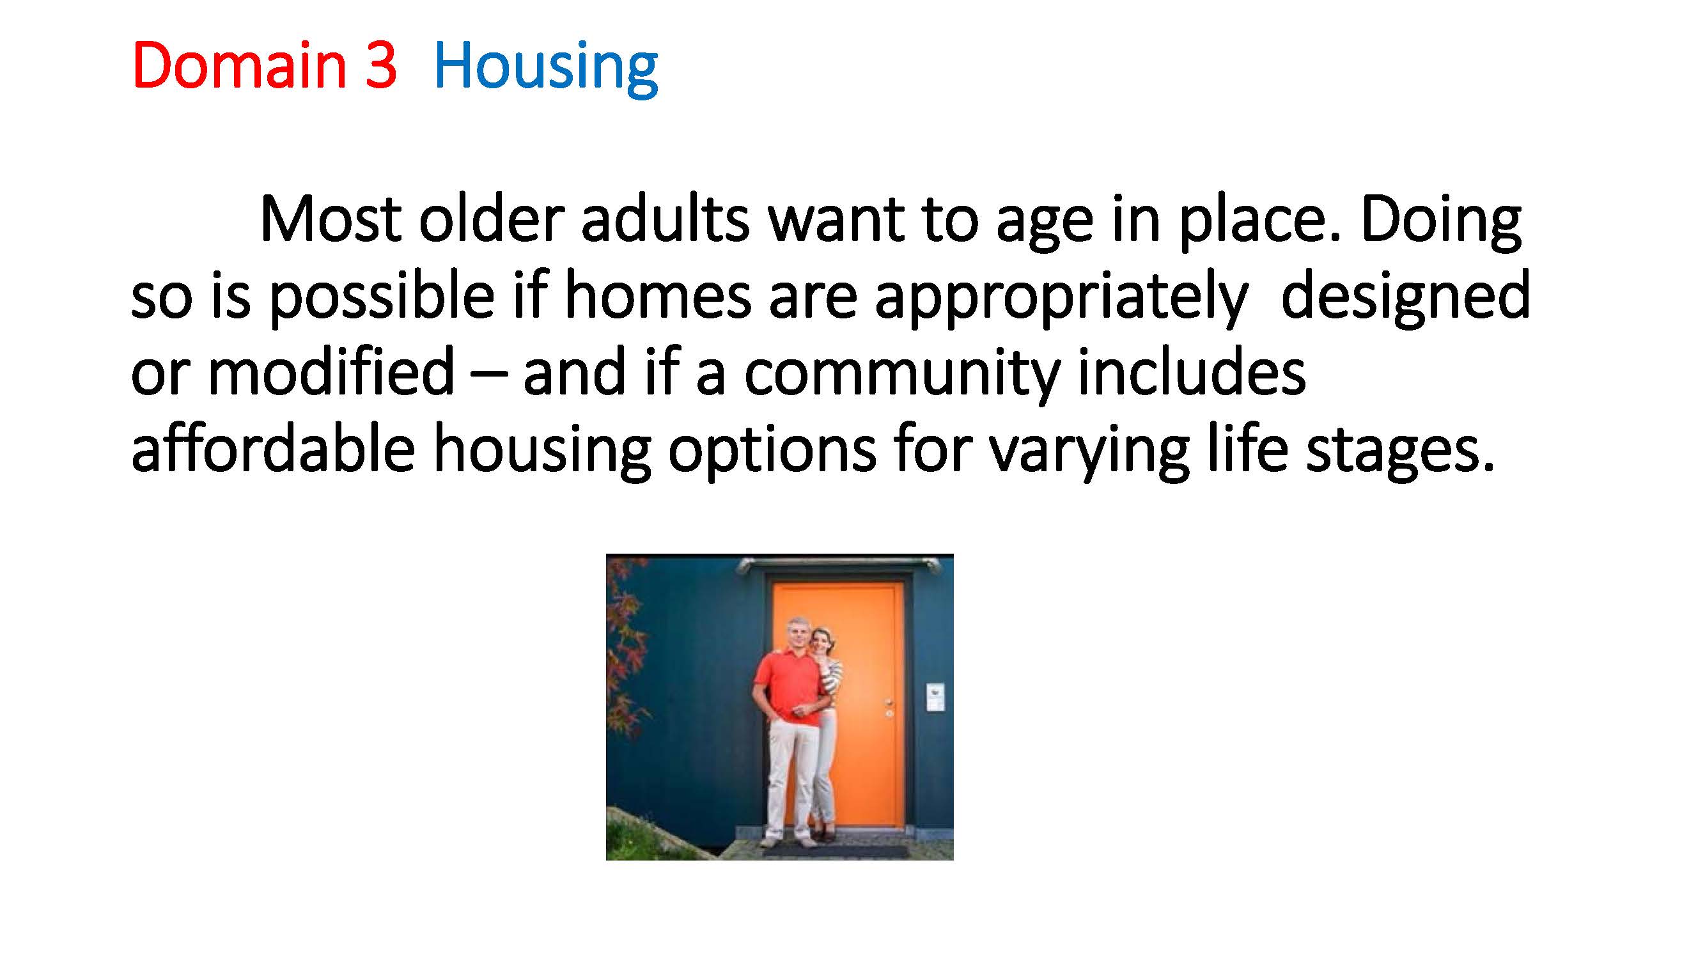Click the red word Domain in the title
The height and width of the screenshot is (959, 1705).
240,65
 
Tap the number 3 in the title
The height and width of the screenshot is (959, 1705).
380,65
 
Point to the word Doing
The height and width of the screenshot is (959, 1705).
1441,222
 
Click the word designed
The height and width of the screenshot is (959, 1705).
1405,299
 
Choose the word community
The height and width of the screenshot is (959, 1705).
902,375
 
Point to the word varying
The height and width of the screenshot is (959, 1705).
1089,451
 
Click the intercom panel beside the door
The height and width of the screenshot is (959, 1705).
935,698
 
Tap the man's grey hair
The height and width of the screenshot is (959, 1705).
797,625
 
